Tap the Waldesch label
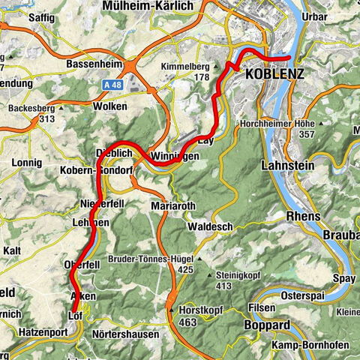pos(211,226)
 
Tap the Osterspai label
pos(304,295)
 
